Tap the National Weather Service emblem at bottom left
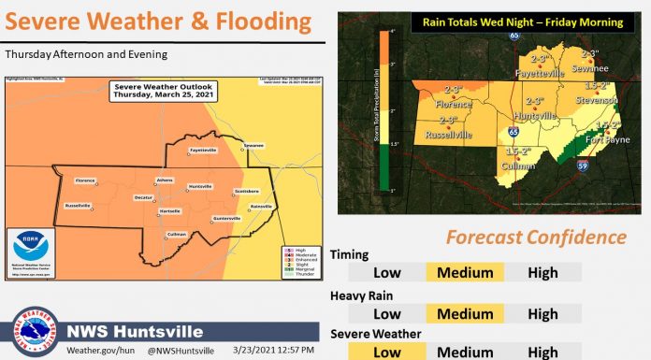pos(34,332)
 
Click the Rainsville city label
pos(260,206)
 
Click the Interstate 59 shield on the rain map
pos(581,166)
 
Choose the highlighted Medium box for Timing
pos(465,272)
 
